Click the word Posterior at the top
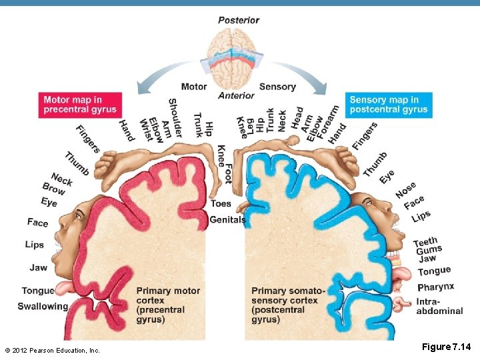click(x=239, y=19)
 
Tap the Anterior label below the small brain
click(x=236, y=96)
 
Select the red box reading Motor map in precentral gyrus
click(x=80, y=105)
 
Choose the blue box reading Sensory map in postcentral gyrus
click(x=389, y=105)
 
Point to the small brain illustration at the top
click(x=229, y=57)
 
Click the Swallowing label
click(x=43, y=307)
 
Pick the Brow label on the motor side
click(x=53, y=189)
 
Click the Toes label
click(x=221, y=203)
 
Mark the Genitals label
click(x=227, y=219)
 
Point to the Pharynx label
click(x=435, y=287)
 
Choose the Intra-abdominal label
click(x=439, y=306)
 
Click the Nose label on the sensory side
click(x=405, y=189)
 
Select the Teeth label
click(x=425, y=241)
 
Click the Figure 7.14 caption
click(x=446, y=347)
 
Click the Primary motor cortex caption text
click(x=168, y=305)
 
